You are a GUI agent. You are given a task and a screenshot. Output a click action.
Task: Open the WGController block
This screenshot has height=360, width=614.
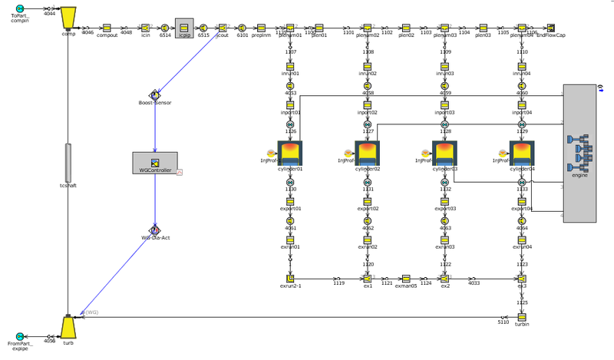pos(155,162)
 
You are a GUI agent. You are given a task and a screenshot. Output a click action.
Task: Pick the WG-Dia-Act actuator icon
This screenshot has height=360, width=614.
pos(155,230)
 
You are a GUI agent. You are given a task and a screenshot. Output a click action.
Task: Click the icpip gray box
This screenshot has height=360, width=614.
pos(184,27)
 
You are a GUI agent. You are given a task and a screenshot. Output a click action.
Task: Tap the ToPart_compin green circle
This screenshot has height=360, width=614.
pos(20,10)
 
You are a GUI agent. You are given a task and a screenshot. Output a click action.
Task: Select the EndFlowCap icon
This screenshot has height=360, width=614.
pos(550,27)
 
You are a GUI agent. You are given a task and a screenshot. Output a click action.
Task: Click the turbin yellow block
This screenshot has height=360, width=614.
pos(522,317)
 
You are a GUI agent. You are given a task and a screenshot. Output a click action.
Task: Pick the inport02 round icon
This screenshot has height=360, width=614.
pos(367,104)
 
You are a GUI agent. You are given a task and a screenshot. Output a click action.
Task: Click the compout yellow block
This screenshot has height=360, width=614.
pos(107,27)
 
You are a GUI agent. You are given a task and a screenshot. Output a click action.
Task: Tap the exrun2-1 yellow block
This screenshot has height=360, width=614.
pos(290,278)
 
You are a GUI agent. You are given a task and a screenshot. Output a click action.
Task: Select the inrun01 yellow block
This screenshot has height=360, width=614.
pos(290,67)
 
